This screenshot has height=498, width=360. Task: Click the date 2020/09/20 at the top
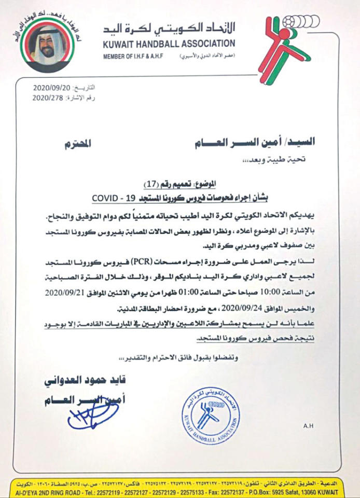49,87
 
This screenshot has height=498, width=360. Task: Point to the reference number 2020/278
49,97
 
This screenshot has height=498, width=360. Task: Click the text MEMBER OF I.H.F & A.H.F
136,56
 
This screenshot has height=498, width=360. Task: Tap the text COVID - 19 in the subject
114,198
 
